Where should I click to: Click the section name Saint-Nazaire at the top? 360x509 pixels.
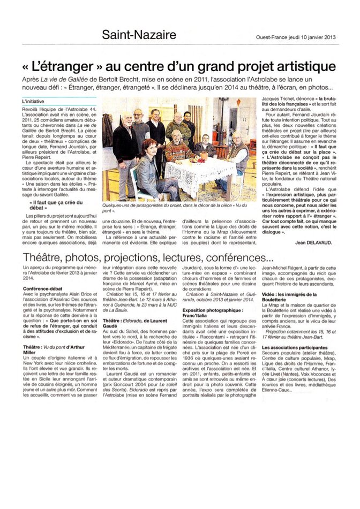139,35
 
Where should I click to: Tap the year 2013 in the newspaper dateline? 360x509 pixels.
328,37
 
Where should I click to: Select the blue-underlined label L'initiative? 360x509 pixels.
33,100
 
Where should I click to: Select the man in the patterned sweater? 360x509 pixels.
176,150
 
